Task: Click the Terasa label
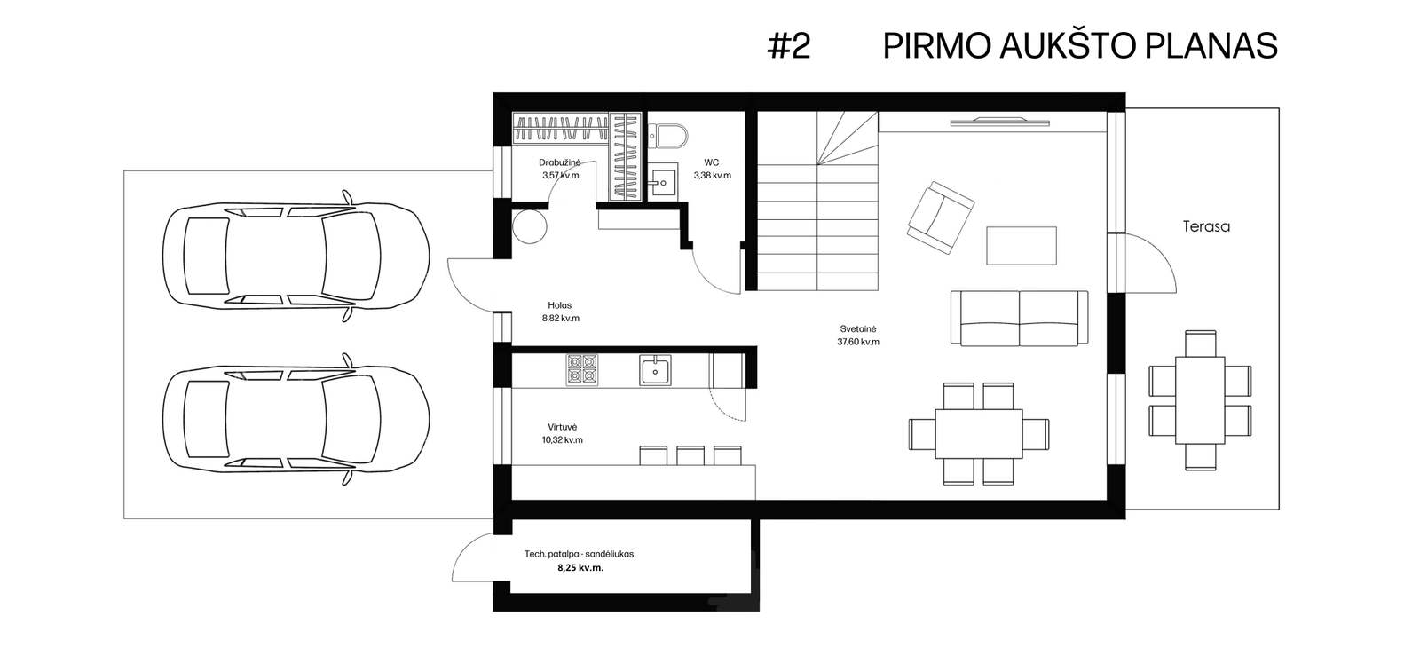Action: tap(1206, 226)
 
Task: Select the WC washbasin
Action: tap(663, 181)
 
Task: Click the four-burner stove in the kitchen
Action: tap(582, 369)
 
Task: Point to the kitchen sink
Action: tap(655, 369)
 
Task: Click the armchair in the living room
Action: tap(941, 217)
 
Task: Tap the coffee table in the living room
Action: tap(1022, 245)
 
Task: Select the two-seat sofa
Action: tap(1020, 319)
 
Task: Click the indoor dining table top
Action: tap(979, 434)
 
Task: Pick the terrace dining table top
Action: tap(1200, 400)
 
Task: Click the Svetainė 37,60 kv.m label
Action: tap(858, 336)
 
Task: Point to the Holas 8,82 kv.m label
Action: tap(560, 312)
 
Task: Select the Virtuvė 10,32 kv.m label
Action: tap(563, 434)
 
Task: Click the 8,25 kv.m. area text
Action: tap(580, 568)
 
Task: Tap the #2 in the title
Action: tap(789, 45)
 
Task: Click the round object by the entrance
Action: tap(529, 225)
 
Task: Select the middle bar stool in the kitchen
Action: tap(690, 456)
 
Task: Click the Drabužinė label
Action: tap(560, 163)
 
